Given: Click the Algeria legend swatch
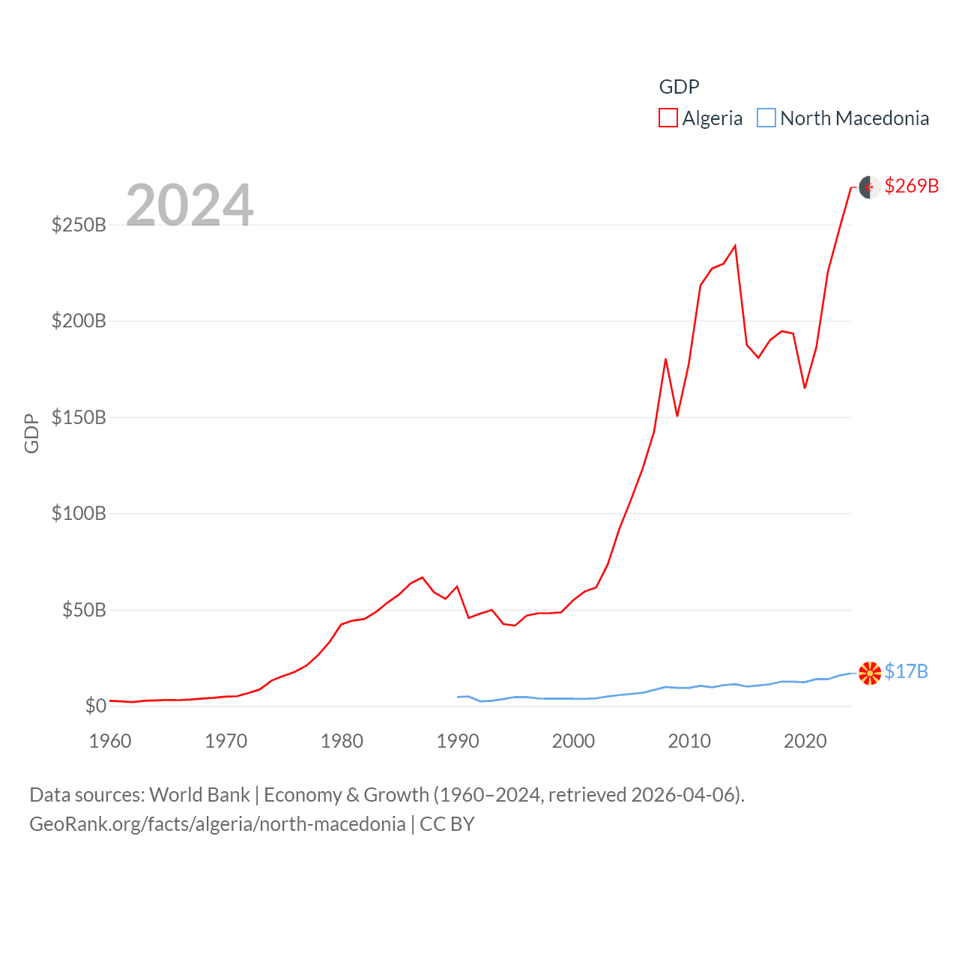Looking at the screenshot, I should [668, 118].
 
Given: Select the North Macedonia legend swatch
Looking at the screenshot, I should [766, 118].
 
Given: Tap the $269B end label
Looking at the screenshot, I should [911, 186].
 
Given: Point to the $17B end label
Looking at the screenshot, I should [906, 671].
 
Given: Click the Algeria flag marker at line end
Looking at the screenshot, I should [869, 187].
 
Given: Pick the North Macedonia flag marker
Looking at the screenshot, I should [869, 673].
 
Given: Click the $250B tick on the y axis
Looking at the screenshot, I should [79, 225].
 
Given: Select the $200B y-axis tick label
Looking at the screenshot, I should [79, 321].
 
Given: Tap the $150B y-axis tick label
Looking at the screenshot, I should [79, 417].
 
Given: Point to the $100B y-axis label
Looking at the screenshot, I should [79, 513].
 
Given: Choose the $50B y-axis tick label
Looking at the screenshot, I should [84, 610].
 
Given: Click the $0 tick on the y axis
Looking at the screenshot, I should [95, 706].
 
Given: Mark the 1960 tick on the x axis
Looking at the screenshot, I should [110, 741].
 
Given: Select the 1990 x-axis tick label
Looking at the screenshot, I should [458, 741].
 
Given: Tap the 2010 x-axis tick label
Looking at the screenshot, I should [689, 741].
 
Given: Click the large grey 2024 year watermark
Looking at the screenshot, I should [190, 205].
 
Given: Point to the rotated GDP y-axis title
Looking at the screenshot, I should [31, 433].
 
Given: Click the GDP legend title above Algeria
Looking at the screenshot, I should [679, 87].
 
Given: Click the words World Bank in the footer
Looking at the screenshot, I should [199, 795].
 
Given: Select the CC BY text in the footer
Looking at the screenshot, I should [447, 824].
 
